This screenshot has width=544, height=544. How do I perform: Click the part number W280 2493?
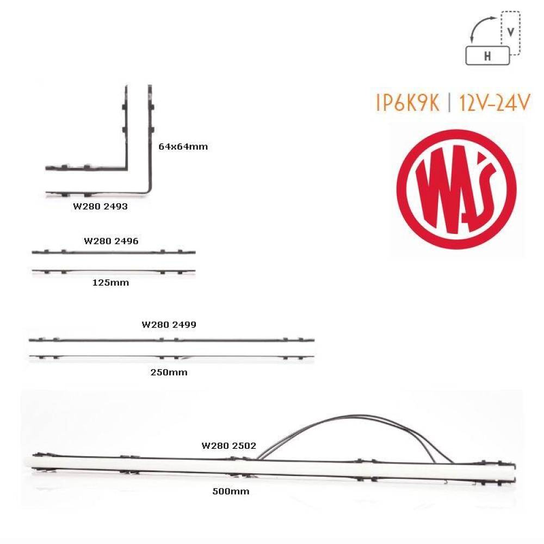(x=100, y=206)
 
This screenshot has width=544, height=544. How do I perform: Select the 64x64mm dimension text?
(x=183, y=146)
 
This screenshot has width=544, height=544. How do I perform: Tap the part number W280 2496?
(x=111, y=241)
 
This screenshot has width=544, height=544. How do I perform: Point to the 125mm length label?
(x=110, y=283)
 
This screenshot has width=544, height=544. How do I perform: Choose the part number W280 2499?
(x=169, y=325)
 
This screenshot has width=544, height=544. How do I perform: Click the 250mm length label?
(x=169, y=373)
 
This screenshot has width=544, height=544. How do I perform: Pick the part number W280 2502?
(x=229, y=446)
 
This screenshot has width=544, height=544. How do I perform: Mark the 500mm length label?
(x=231, y=491)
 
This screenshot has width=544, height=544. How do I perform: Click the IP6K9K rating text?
(x=408, y=103)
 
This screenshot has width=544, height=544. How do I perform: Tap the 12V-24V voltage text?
(x=495, y=103)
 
